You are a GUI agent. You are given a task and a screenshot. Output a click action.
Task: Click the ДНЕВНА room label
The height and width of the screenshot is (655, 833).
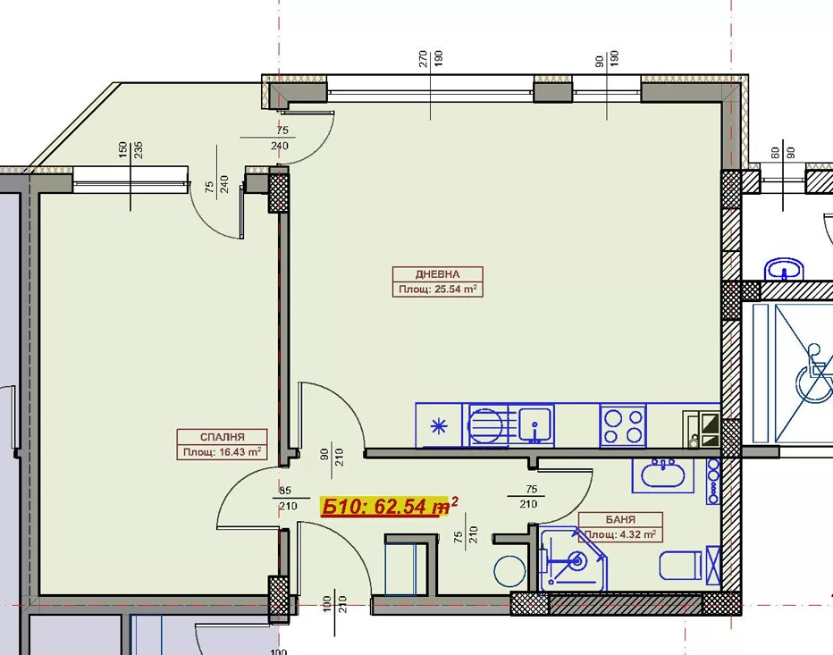pos(437,274)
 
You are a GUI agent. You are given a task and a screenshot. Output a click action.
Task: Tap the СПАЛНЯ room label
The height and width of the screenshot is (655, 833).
pos(222,437)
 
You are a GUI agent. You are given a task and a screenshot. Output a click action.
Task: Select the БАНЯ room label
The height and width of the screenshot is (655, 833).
pos(620,519)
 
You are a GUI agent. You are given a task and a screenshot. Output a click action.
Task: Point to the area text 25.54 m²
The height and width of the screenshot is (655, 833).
pos(451,290)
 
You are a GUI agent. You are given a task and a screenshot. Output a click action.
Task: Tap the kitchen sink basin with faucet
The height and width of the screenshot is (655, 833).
pos(535,425)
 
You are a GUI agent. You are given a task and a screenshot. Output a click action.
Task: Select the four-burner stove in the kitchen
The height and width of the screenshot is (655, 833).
pos(623,425)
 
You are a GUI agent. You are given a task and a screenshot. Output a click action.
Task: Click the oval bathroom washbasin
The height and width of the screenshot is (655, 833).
pos(662,474)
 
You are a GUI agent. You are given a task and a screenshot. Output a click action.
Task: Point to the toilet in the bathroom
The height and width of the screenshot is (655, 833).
pos(681,566)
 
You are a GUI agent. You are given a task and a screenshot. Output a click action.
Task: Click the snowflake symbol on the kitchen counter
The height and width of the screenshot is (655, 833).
pos(439,426)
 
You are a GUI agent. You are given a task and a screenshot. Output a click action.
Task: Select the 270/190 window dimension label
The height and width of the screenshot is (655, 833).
pos(430,58)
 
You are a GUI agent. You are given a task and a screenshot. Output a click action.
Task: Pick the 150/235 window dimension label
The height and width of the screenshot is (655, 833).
pos(130,150)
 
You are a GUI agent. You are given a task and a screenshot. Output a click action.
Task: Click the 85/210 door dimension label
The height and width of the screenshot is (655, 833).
pos(286,499)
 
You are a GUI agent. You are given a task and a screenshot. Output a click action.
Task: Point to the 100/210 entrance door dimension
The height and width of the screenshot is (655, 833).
pos(334,604)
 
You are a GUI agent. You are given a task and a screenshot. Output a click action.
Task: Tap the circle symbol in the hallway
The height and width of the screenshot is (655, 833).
pos(509,572)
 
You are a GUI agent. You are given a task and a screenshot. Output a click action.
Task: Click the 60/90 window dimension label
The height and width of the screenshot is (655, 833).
pos(783,153)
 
